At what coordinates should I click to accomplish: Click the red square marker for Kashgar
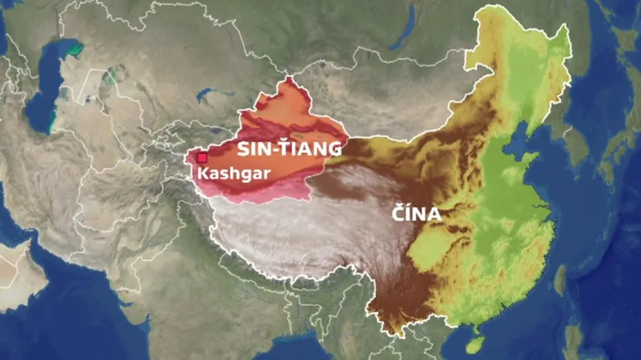202,158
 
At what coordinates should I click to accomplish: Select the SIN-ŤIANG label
290,149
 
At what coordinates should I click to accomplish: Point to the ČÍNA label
417,215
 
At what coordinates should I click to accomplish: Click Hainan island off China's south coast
474,343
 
